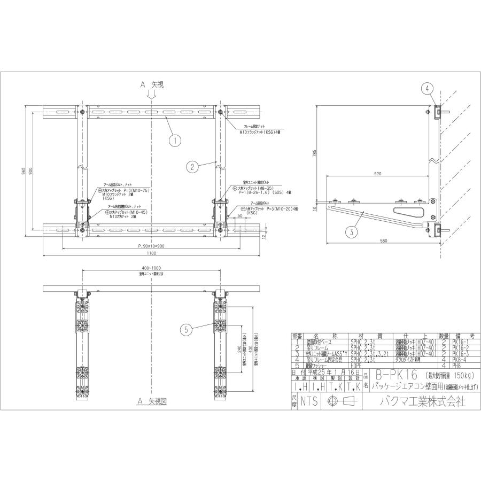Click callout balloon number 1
tap(174, 141)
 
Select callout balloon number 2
tap(192, 166)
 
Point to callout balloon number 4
tap(426, 88)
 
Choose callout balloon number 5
tap(186, 330)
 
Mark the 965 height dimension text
tap(24, 169)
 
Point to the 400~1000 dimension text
tap(152, 268)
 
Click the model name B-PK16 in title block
tap(393, 375)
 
